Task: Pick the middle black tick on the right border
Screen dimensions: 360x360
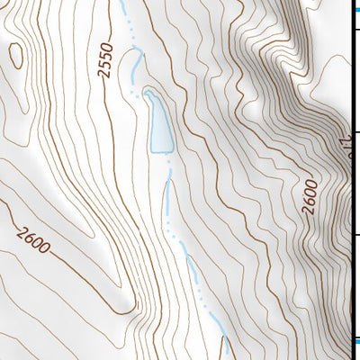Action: coord(355,133)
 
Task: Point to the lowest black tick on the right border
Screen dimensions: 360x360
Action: coord(355,235)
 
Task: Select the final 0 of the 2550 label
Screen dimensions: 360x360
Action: coord(112,45)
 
